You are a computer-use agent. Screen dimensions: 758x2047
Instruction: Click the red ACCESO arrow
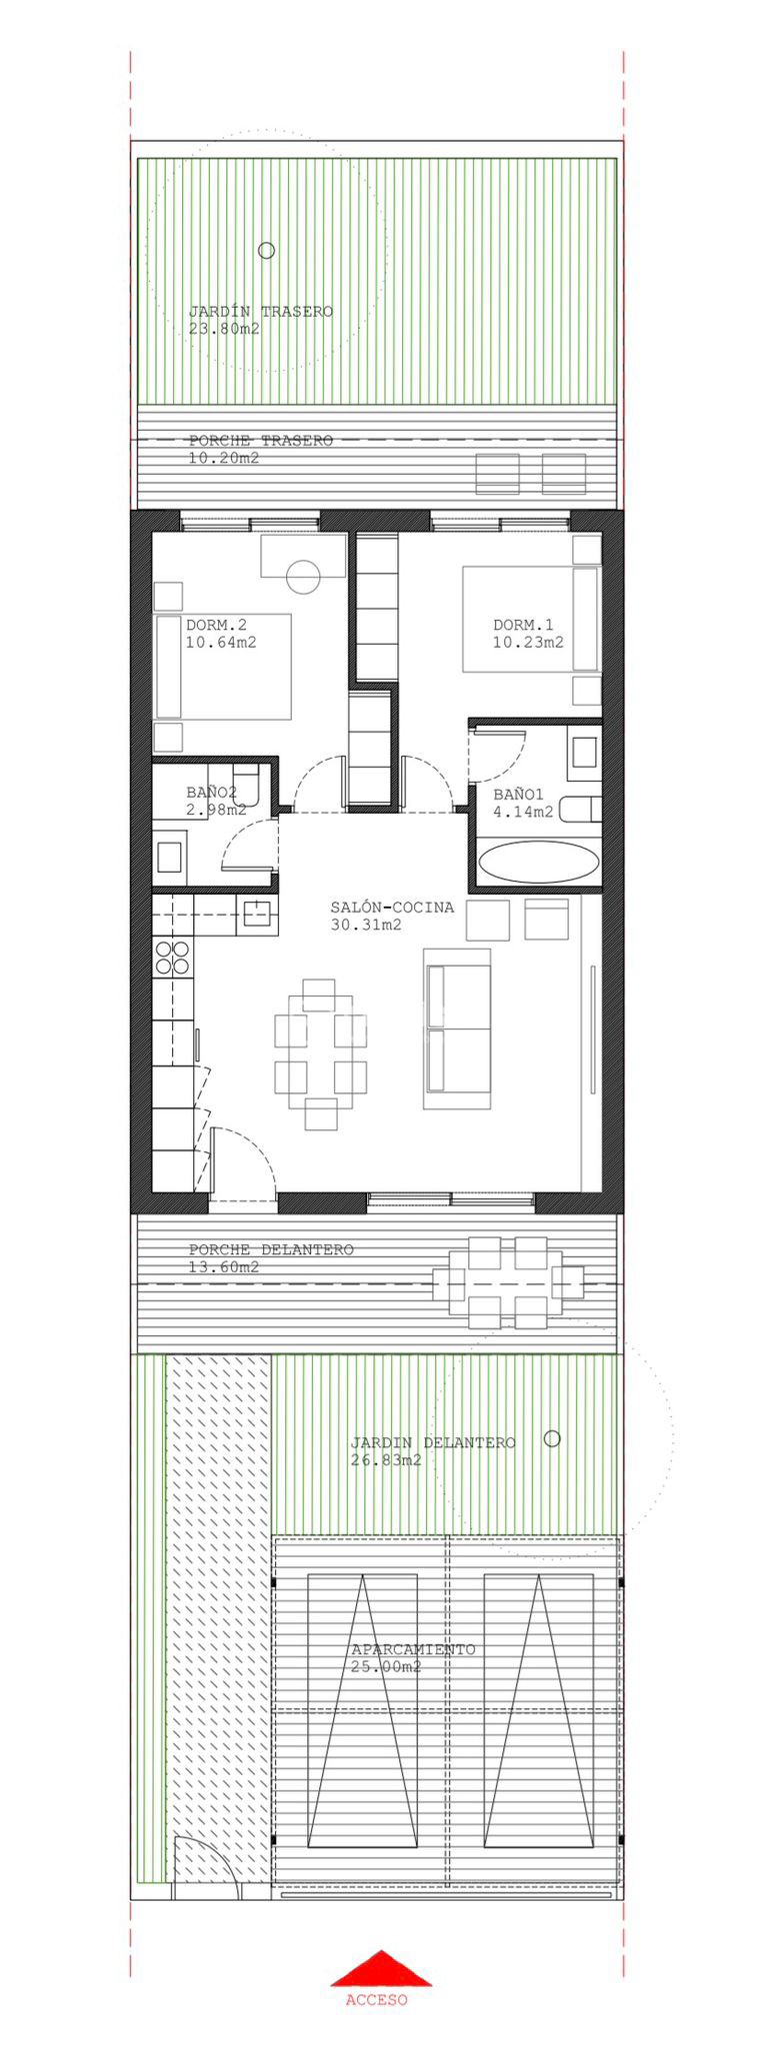[x=381, y=1968]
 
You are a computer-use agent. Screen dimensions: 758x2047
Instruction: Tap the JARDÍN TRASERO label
[x=261, y=312]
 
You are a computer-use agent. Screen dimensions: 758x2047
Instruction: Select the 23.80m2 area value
[x=224, y=329]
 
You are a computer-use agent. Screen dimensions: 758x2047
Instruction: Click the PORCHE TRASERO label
[x=261, y=441]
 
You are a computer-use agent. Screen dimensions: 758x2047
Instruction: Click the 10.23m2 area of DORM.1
[x=528, y=643]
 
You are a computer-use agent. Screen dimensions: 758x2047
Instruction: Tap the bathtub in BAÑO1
[x=540, y=862]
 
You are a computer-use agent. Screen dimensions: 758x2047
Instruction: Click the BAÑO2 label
[x=211, y=793]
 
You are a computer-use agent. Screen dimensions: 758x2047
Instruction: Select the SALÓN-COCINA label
[x=392, y=908]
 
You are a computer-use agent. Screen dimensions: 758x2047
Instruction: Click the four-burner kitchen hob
[x=172, y=958]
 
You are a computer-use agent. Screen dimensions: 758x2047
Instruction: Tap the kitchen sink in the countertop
[x=257, y=913]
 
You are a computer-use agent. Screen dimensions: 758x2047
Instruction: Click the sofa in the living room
[x=458, y=1028]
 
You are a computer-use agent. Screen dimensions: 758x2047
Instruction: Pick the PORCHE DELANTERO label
[x=271, y=1249]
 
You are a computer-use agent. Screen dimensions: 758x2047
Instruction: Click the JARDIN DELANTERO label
[x=433, y=1443]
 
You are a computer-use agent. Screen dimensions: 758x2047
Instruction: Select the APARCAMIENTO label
[x=413, y=1650]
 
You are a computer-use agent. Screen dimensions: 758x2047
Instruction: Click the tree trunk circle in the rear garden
[x=266, y=251]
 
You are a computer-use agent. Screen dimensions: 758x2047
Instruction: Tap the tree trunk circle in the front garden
[x=552, y=1438]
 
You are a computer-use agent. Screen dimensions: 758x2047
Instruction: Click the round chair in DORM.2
[x=302, y=576]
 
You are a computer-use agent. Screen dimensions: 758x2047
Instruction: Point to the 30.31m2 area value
[x=366, y=925]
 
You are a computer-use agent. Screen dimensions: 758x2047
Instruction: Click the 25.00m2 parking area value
[x=386, y=1667]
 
